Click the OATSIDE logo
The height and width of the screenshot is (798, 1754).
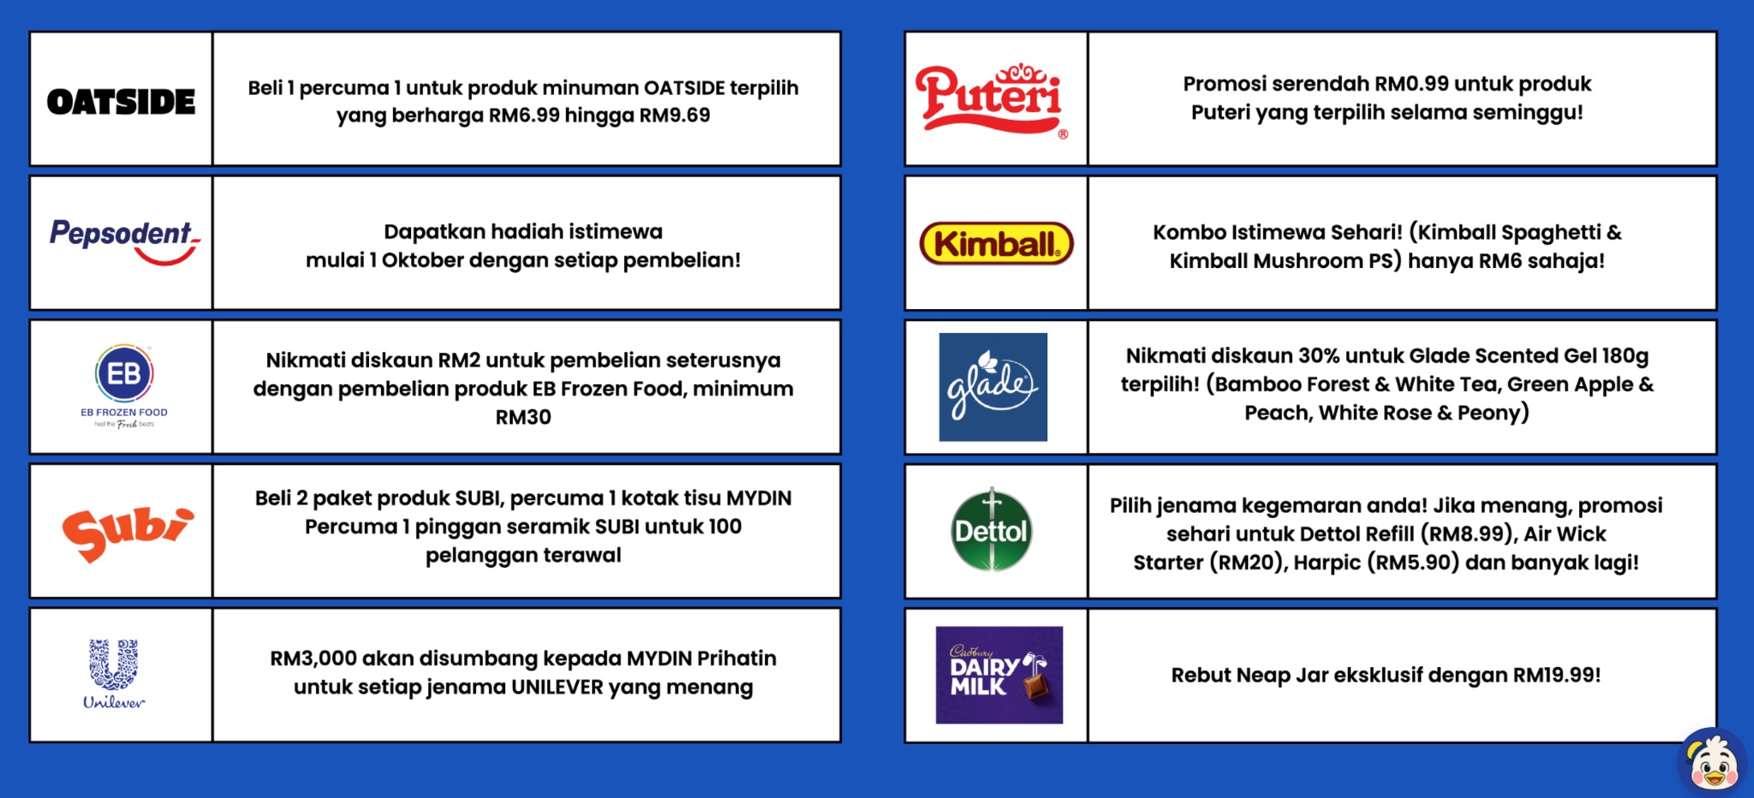(x=121, y=102)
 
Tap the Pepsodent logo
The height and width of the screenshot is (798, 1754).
(x=125, y=241)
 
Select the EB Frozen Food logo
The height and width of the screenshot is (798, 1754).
(x=124, y=386)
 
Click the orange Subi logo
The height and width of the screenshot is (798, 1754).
(x=128, y=533)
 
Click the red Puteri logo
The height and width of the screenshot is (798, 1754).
(x=990, y=99)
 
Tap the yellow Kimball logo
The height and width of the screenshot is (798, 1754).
(x=996, y=244)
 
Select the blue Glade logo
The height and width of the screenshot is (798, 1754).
(x=993, y=387)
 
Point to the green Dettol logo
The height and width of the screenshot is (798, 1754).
(x=991, y=531)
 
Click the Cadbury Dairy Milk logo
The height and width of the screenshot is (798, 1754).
(x=999, y=675)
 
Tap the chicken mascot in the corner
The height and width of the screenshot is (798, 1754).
(x=1713, y=761)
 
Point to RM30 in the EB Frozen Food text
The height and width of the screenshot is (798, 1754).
(x=523, y=417)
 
